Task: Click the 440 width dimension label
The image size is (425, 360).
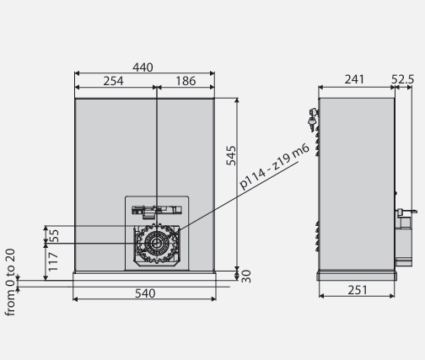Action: pyautogui.click(x=143, y=67)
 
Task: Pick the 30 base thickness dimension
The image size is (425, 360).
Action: pyautogui.click(x=246, y=275)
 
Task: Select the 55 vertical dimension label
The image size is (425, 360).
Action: pyautogui.click(x=53, y=235)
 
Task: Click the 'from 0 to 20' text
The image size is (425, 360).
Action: pyautogui.click(x=10, y=282)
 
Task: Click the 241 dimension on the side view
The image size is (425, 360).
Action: pyautogui.click(x=355, y=80)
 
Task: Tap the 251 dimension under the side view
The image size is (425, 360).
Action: pyautogui.click(x=355, y=291)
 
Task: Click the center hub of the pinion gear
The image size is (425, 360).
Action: pyautogui.click(x=156, y=245)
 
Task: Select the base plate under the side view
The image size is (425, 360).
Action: pyautogui.click(x=356, y=275)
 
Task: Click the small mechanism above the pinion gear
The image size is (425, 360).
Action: pyautogui.click(x=157, y=210)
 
